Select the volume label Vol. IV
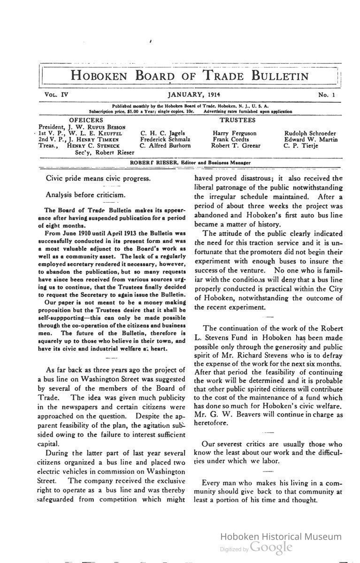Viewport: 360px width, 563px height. tap(57, 95)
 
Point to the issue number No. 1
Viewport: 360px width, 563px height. tap(327, 95)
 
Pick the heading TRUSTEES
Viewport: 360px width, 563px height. tap(237, 120)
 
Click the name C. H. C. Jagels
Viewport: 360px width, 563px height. tap(163, 133)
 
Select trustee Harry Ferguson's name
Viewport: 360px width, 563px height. tap(235, 133)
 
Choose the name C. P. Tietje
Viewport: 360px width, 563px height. tap(301, 146)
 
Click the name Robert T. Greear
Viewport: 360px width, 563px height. tap(236, 146)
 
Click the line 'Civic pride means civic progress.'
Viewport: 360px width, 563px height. tap(98, 178)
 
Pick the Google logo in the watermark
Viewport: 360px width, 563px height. tap(271, 547)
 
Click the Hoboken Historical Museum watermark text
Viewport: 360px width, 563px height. tap(281, 537)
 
